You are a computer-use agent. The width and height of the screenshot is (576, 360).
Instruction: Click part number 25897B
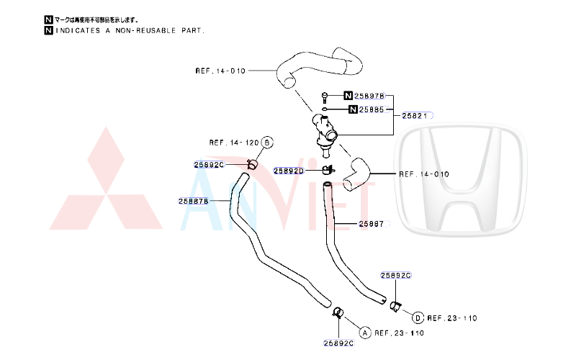[370, 96]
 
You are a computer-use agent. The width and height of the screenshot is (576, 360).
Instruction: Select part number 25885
[374, 109]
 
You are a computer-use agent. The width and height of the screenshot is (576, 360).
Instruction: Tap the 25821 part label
[415, 115]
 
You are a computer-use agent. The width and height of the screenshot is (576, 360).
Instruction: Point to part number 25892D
[288, 171]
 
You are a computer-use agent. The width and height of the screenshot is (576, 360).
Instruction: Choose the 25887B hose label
[194, 201]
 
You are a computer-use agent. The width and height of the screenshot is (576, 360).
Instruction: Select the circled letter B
[267, 143]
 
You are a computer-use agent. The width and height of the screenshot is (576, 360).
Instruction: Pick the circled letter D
[418, 318]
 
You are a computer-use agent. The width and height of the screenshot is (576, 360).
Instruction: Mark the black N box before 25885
[353, 109]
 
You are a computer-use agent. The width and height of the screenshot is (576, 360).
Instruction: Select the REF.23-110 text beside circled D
[452, 318]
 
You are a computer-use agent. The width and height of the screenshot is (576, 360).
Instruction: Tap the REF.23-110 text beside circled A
[399, 333]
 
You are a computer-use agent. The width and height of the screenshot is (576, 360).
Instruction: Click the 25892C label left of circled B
[210, 164]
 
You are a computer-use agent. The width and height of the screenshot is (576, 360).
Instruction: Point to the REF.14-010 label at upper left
[220, 71]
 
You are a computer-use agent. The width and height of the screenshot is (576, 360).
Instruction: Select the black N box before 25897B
[348, 96]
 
